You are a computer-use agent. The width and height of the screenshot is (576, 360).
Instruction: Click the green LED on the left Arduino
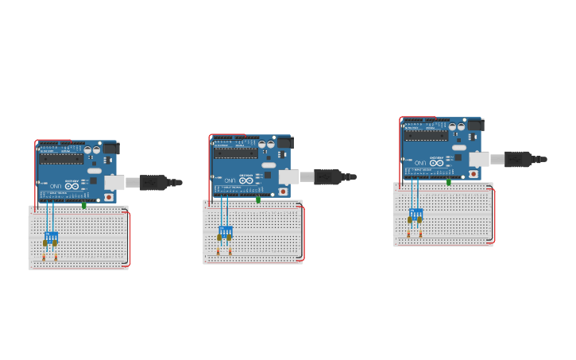click(84, 205)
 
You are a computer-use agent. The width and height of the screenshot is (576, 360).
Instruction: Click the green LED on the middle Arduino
click(258, 199)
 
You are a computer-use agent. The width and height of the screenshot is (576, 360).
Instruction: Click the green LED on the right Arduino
click(449, 182)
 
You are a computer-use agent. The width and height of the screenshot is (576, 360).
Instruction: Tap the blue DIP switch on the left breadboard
click(52, 236)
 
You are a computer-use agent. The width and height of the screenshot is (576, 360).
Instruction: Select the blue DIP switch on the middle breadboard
click(226, 230)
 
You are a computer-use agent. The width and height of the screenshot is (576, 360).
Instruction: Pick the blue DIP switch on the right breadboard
click(416, 213)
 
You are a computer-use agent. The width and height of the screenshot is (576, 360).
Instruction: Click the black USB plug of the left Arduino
click(156, 183)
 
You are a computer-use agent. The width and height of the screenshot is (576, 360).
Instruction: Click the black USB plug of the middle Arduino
click(330, 176)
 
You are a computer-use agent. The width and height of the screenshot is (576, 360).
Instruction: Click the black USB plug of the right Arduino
click(520, 159)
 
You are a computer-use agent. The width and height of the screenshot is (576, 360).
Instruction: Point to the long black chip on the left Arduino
click(61, 157)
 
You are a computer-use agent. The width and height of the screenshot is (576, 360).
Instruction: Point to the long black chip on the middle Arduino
click(235, 152)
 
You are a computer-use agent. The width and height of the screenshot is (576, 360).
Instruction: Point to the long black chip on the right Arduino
click(426, 134)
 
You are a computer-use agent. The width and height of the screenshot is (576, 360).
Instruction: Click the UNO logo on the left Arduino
click(55, 187)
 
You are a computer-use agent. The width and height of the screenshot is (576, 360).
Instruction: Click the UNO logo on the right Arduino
click(419, 164)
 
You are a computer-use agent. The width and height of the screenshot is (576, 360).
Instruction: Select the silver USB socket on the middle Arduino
click(288, 176)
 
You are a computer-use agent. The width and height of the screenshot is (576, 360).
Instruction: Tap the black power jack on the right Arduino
click(476, 125)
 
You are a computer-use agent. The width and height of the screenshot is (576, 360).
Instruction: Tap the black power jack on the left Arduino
click(111, 148)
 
